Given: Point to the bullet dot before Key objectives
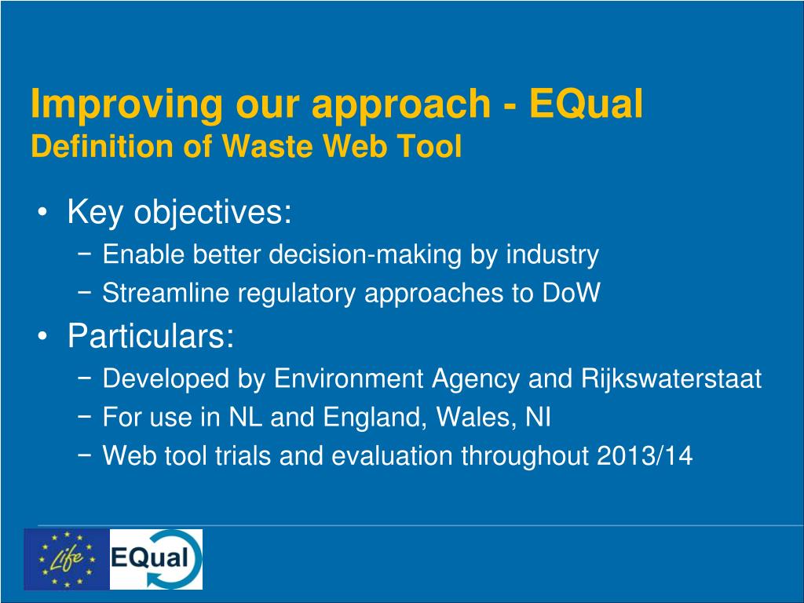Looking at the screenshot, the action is click(42, 212).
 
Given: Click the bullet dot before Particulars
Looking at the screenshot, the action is click(42, 336).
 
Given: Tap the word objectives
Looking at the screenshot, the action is click(212, 212).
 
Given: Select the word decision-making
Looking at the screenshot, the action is click(365, 254).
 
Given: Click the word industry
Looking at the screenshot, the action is click(552, 255).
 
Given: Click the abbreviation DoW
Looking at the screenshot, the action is click(571, 293).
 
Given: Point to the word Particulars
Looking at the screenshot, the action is click(151, 336).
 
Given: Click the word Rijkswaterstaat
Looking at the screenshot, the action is click(671, 378).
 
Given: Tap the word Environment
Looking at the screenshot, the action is click(348, 379).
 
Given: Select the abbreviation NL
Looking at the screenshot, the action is click(245, 417).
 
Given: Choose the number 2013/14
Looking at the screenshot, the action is click(645, 455).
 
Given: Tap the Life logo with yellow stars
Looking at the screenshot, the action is click(67, 559).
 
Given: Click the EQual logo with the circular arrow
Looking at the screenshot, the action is click(156, 559).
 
